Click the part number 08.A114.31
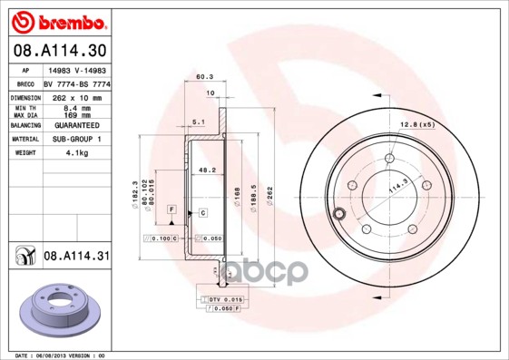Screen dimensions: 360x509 75,257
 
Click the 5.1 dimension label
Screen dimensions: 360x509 198,122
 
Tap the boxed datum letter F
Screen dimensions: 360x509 170,209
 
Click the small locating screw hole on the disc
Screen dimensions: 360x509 339,214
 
